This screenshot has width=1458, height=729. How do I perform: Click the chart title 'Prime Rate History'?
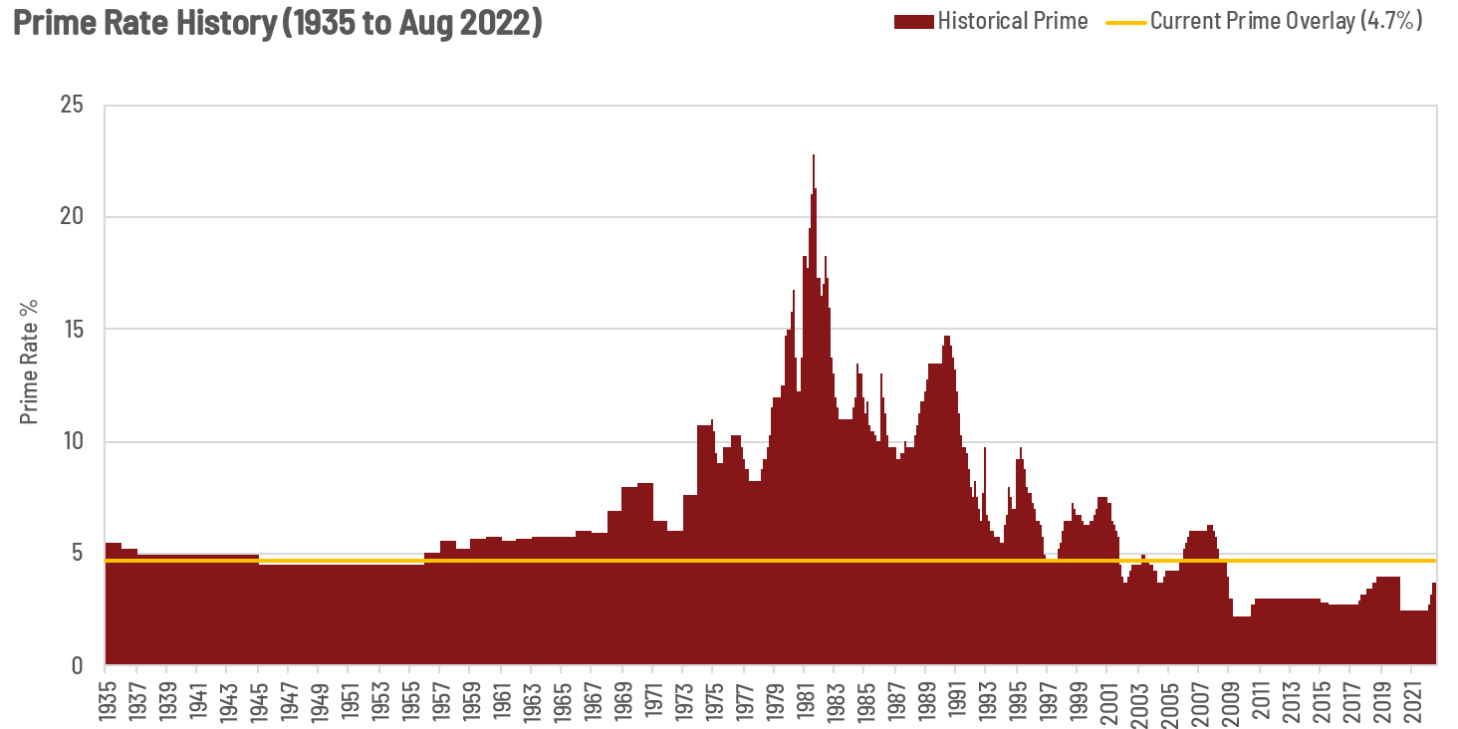coord(277,22)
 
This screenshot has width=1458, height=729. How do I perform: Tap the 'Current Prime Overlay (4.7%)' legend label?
coord(1286,21)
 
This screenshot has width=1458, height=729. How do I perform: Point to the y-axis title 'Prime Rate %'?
coord(31,362)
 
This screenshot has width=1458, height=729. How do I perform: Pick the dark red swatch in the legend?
coord(913,21)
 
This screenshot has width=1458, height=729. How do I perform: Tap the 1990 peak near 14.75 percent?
coord(947,339)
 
